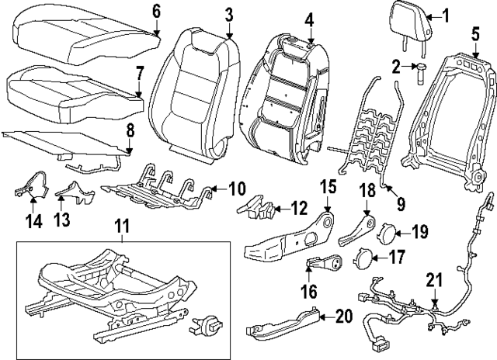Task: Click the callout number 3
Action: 228,14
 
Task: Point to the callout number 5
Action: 475,33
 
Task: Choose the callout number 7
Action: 139,75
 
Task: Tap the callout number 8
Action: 130,131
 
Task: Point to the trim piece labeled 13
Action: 76,189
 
